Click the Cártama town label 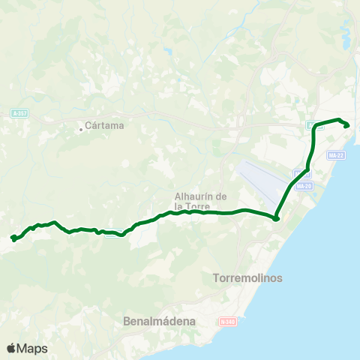coord(105,126)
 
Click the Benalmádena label coord(158,321)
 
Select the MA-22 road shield coord(336,155)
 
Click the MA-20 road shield coord(303,186)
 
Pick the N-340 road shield coord(227,321)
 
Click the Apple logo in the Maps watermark coord(12,348)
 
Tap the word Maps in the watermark coord(33,348)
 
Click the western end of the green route coord(13,238)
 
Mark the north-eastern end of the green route coord(346,125)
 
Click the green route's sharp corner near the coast coord(276,218)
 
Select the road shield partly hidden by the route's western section coord(112,231)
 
